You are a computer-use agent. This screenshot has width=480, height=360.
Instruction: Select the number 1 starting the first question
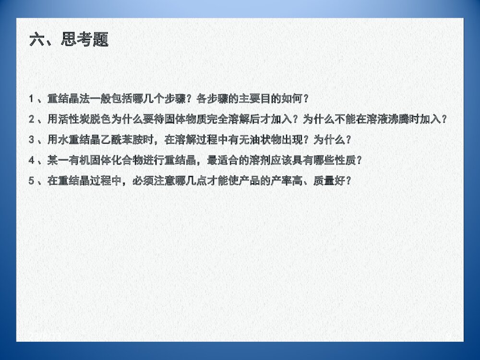point(32,99)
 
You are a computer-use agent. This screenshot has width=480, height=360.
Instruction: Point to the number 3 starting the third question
point(32,140)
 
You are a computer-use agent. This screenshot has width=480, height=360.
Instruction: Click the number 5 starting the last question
point(32,182)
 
